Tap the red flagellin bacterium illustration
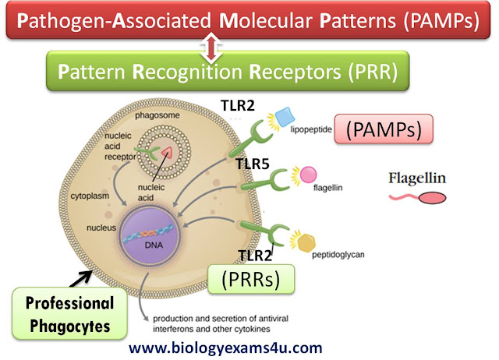[422, 199]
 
